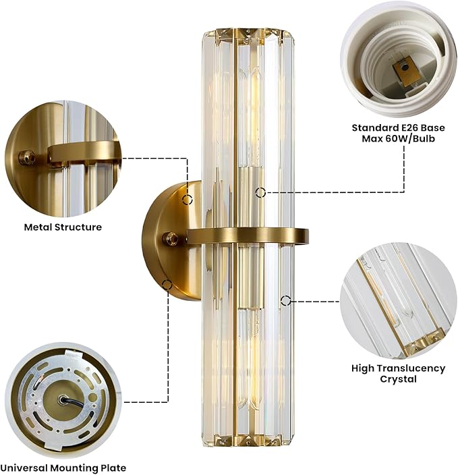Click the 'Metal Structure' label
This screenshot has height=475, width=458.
63,227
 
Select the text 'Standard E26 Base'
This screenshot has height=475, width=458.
399,128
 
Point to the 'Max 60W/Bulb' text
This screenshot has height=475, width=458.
399,138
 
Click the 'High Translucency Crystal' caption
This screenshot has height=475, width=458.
399,374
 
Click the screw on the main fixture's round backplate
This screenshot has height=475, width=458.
170,238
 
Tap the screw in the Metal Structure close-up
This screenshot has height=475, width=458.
27,157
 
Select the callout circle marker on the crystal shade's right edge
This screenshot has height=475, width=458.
285,300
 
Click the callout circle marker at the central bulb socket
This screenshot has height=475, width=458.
260,192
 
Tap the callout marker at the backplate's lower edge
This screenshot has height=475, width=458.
167,285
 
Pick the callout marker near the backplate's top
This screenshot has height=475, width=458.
188,200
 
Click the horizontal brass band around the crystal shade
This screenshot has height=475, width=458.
248,235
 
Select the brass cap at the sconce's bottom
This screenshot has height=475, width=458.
248,440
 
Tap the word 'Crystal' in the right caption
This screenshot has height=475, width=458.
399,379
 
